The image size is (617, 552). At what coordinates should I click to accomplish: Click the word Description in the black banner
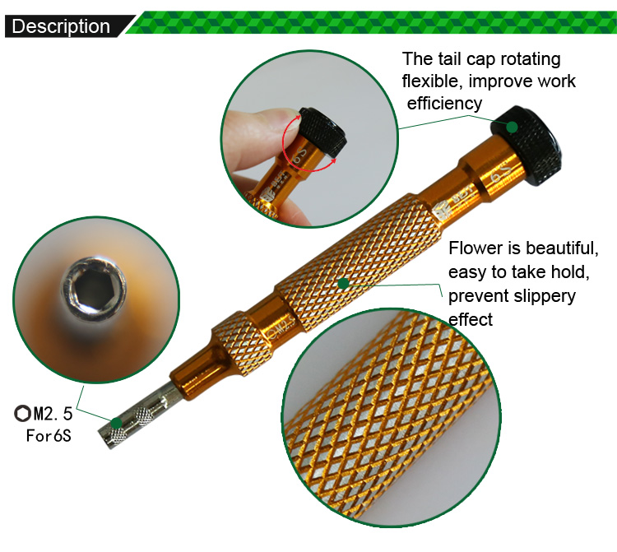[61, 26]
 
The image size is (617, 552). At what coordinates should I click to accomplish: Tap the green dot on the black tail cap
[512, 127]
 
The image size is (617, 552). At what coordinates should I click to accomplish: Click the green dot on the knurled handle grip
[344, 283]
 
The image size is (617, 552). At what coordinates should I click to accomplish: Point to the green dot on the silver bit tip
[116, 424]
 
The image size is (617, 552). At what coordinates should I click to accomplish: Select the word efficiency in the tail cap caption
[444, 104]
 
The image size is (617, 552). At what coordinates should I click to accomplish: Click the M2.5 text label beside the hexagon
[53, 414]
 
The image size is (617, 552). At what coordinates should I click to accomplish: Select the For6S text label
[49, 435]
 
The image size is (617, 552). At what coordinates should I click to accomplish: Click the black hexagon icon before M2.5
[22, 414]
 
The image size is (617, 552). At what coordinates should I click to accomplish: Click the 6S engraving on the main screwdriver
[501, 171]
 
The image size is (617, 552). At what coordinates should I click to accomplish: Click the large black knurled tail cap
[527, 139]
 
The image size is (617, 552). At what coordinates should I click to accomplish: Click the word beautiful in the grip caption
[562, 248]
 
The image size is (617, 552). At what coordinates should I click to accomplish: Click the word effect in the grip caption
[471, 319]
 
